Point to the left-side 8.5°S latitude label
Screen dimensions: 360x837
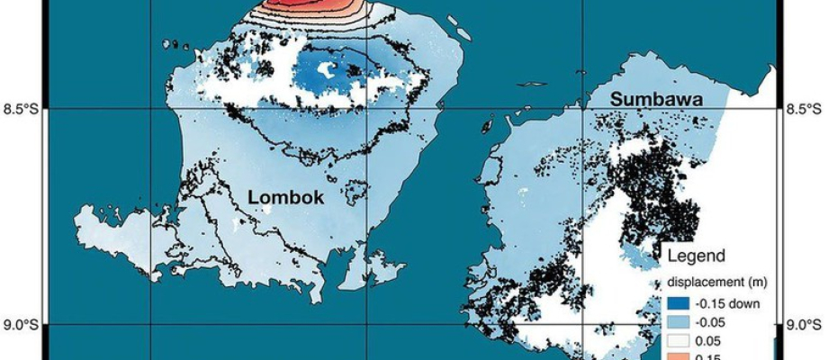pyautogui.click(x=21, y=110)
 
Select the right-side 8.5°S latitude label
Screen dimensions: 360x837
pyautogui.click(x=806, y=110)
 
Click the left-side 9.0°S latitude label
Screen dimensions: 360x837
pyautogui.click(x=21, y=326)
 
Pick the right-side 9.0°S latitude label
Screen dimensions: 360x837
pyautogui.click(x=806, y=326)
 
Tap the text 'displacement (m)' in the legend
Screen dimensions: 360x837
pyautogui.click(x=716, y=283)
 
